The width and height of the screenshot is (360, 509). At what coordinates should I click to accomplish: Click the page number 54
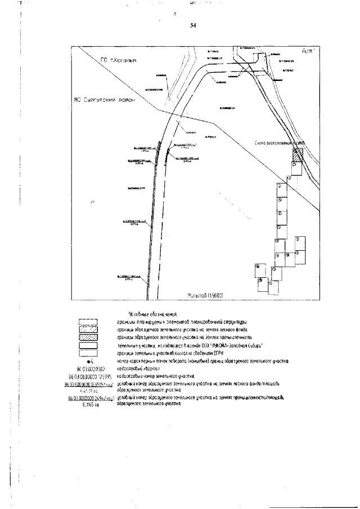tap(193, 26)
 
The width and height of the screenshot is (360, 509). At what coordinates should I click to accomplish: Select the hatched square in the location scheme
tap(297, 154)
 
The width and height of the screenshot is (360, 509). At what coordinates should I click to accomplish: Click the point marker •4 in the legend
tap(89, 361)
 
